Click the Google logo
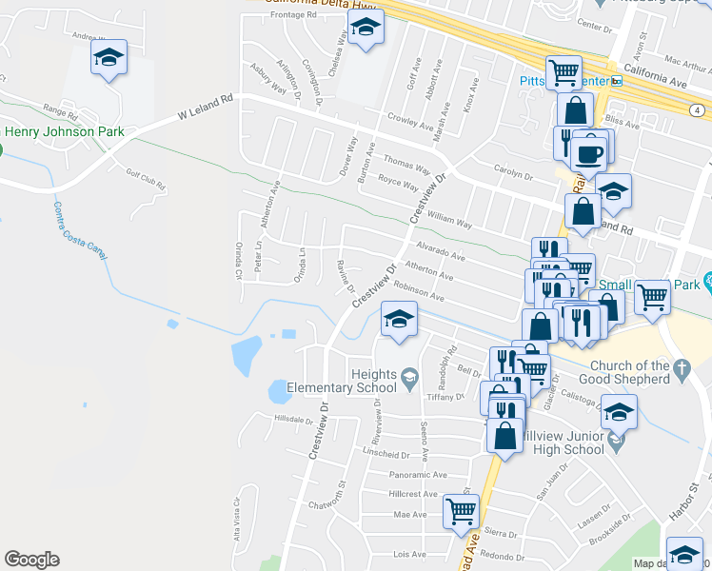(31, 560)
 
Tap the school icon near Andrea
(109, 59)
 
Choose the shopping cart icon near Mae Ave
(462, 511)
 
